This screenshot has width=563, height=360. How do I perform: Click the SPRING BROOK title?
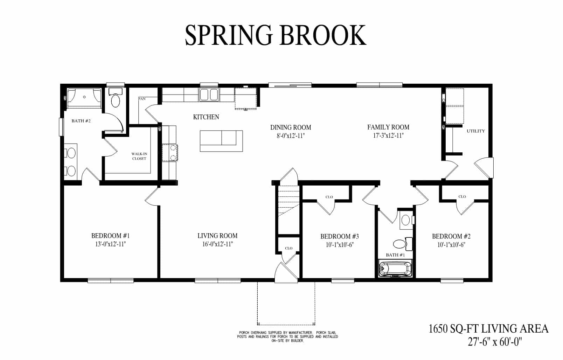tap(276, 35)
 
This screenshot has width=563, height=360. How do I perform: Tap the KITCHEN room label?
tap(206, 117)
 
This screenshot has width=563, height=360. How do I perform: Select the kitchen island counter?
tap(221, 141)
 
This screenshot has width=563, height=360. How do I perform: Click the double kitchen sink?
tap(209, 95)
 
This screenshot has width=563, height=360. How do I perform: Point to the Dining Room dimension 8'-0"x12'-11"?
tap(291, 136)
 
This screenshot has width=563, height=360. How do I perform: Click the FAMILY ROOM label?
tap(388, 127)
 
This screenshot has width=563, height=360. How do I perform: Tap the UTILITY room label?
tap(475, 131)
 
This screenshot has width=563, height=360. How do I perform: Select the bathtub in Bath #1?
tap(395, 269)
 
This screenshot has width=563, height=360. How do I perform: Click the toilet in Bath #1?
tap(398, 244)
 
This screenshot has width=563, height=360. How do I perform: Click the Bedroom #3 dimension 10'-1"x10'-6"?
tap(339, 245)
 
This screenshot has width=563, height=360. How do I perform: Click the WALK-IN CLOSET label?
tap(139, 156)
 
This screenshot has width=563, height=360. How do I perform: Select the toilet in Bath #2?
tap(115, 99)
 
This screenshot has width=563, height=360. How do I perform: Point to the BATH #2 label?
tap(81, 121)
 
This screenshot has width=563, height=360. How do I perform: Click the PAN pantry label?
tap(142, 99)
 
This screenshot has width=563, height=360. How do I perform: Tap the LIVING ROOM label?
tap(217, 236)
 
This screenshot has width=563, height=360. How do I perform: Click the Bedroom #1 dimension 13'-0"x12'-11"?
tap(110, 244)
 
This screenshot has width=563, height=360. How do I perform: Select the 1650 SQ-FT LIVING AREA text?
tap(488, 328)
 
